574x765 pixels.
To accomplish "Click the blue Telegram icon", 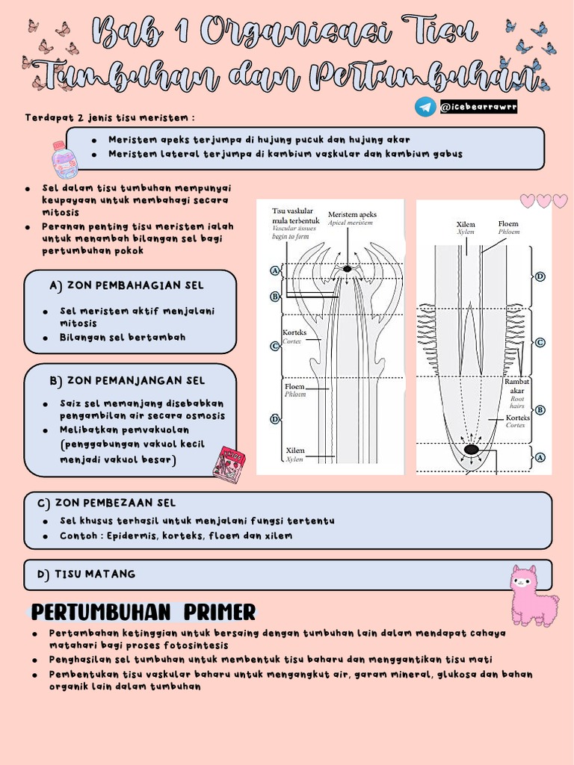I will click(x=425, y=107).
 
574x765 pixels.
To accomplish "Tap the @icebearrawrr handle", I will click(x=478, y=108).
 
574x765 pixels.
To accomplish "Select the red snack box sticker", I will click(x=229, y=464).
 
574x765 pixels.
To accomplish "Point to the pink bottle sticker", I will click(x=64, y=159).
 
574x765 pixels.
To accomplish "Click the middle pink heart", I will click(x=543, y=200).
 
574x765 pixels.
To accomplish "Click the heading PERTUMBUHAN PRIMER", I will click(x=143, y=613).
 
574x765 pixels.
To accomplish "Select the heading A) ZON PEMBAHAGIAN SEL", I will click(x=126, y=285).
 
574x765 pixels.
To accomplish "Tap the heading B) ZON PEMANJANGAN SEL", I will click(x=126, y=381).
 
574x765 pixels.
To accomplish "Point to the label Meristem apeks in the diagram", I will click(x=352, y=214).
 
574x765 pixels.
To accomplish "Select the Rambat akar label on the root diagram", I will click(x=517, y=385).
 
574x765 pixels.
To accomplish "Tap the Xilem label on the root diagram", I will click(x=466, y=223).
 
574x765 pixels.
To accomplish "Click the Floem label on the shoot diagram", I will click(x=294, y=386).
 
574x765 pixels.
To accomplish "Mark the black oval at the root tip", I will click(x=472, y=450).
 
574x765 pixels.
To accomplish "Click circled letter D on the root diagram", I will click(x=540, y=276).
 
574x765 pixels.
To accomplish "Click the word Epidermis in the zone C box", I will click(x=132, y=536).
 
